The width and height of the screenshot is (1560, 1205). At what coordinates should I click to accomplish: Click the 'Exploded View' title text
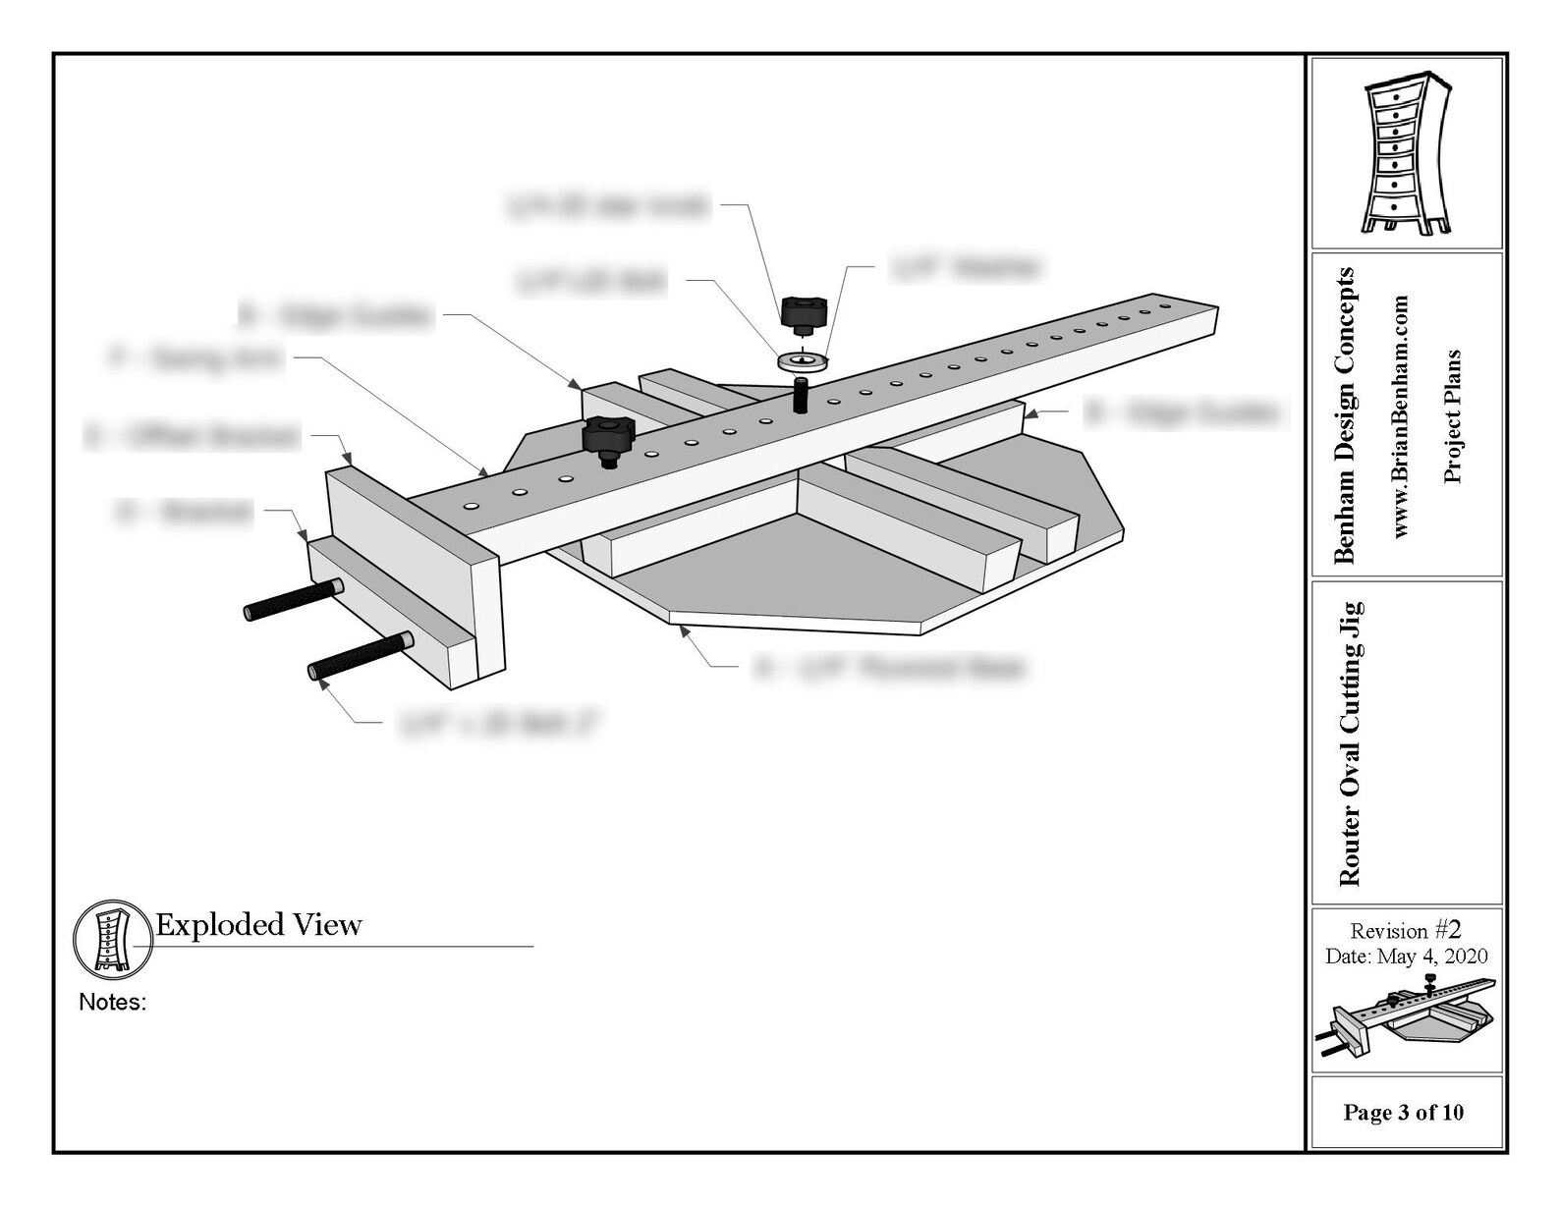258,925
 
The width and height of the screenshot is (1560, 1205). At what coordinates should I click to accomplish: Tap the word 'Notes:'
112,1003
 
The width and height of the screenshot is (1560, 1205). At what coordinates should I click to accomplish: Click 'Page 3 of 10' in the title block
1403,1113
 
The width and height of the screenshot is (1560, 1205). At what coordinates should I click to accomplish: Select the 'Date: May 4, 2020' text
1406,957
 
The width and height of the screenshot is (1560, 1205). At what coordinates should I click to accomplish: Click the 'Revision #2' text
1406,930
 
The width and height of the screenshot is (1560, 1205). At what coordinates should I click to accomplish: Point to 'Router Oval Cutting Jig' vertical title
1351,743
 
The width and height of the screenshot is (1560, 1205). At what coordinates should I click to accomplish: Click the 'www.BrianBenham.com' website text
1401,415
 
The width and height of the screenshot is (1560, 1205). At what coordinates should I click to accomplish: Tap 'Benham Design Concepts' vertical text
1345,415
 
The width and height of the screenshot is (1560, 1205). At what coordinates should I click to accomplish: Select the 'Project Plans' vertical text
1453,415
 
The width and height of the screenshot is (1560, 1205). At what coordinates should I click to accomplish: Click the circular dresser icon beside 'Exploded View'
111,938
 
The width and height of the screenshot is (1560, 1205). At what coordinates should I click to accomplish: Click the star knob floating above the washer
804,313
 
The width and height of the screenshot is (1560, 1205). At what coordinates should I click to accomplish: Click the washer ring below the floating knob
803,362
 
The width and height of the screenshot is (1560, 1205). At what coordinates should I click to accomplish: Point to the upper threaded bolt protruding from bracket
293,600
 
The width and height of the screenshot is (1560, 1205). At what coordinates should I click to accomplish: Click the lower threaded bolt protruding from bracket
360,656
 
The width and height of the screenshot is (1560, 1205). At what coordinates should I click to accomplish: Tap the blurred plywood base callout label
889,669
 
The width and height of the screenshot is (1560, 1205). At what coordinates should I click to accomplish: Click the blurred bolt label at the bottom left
499,725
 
